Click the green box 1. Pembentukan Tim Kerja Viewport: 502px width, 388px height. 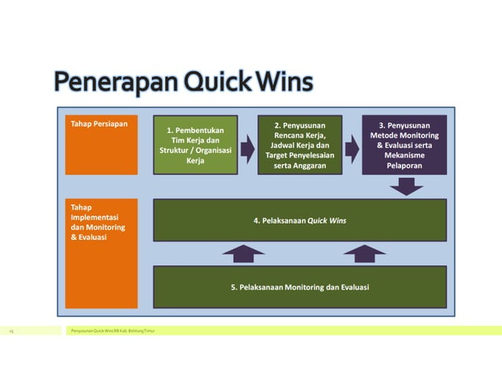point(195,145)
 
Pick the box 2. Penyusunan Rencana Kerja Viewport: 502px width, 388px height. point(300,145)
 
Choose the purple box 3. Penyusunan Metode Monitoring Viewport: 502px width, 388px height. point(404,145)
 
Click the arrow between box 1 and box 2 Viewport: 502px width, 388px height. point(248,148)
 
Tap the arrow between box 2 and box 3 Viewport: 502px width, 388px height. point(351,148)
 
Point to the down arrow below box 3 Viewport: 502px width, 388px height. point(405,186)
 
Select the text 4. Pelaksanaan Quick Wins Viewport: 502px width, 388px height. point(299,220)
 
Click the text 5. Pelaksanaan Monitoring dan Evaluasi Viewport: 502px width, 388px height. point(299,287)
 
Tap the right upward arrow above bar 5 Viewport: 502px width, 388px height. point(364,253)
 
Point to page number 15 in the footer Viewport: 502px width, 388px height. point(12,331)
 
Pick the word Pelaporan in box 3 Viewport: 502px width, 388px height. point(404,166)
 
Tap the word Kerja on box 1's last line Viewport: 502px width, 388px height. point(195,161)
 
